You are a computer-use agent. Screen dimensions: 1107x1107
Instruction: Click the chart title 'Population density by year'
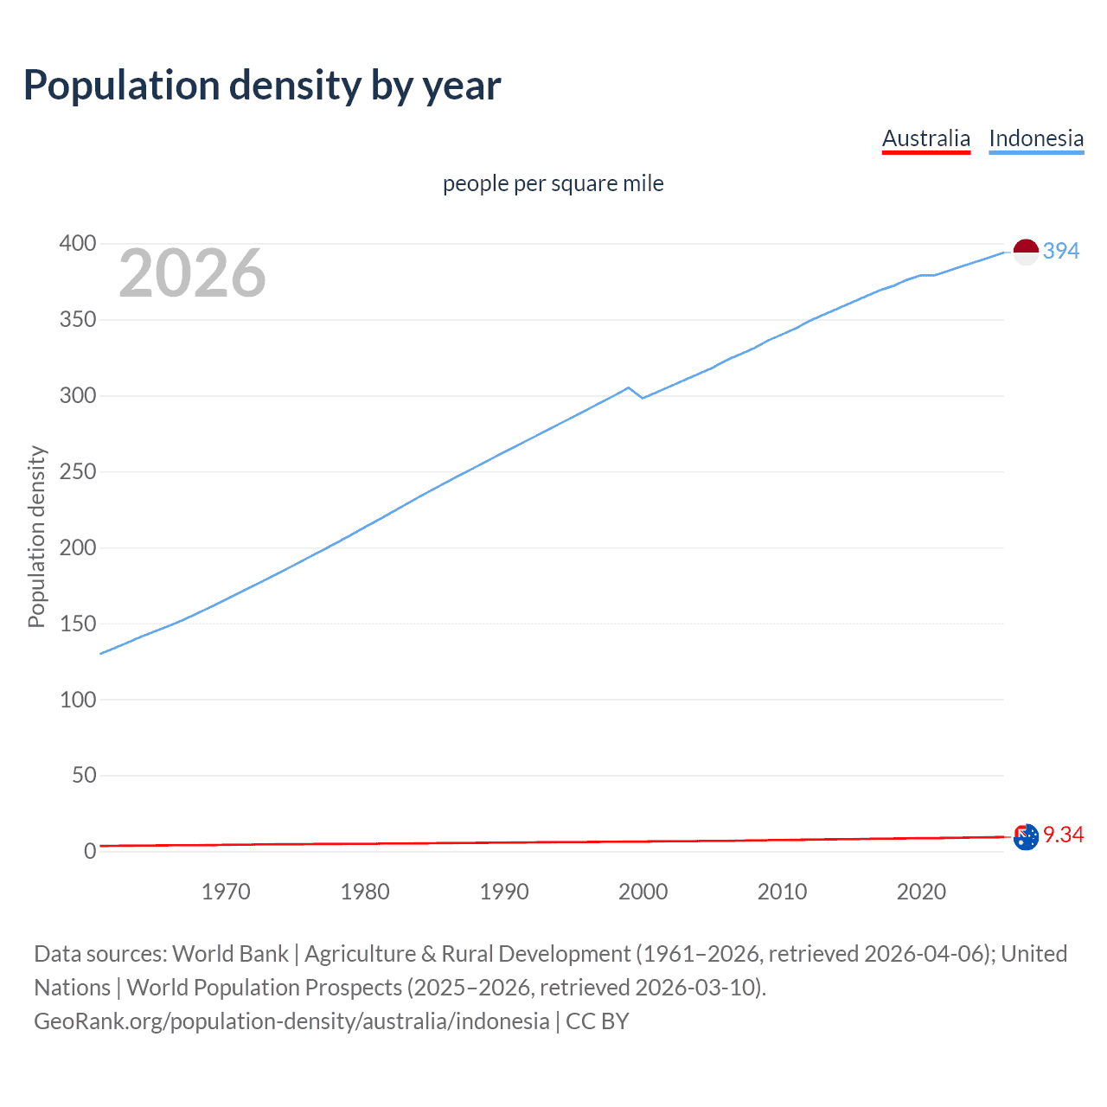pos(262,86)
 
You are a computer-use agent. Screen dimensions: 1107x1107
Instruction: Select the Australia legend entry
pos(925,138)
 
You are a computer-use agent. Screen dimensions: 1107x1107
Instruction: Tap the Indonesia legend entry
pos(1036,138)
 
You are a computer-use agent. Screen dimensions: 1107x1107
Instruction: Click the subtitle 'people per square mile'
pos(553,183)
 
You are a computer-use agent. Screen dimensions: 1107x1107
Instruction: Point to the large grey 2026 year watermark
pos(192,273)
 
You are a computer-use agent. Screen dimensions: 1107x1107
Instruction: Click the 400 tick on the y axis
pos(77,244)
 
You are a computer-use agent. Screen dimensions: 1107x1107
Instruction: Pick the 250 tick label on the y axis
pos(77,472)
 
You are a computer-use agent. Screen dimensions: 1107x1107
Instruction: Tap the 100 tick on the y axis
pos(77,700)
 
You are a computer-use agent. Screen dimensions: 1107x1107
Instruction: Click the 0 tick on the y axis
pos(89,852)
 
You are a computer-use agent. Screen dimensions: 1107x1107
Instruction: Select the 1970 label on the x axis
pos(226,892)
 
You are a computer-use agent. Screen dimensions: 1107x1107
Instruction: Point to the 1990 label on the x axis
pos(504,892)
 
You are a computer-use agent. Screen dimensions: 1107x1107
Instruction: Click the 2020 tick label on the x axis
pos(921,892)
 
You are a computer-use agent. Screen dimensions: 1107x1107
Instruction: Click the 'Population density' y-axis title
pos(36,536)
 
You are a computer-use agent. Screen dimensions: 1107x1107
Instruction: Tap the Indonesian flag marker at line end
pos(1025,252)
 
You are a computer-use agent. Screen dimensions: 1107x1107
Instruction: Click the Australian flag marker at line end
pos(1025,836)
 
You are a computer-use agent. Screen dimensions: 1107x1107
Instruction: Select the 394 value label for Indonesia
pos(1061,251)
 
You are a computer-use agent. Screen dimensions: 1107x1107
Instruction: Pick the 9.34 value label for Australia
pos(1063,835)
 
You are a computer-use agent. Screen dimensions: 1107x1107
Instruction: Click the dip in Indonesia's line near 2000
pos(643,398)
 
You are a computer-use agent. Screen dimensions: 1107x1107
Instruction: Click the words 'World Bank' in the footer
pos(230,954)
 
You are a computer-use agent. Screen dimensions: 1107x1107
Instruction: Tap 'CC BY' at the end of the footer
pos(598,1021)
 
